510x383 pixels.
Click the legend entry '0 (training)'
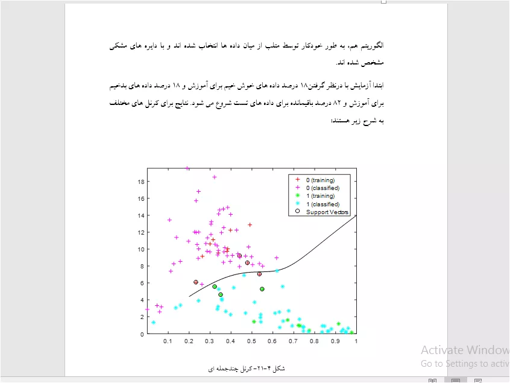pos(320,180)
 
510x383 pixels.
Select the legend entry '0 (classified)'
pos(323,188)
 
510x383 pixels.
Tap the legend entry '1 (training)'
pos(320,196)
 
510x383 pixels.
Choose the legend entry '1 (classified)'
pos(323,204)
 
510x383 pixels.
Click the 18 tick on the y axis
pos(141,182)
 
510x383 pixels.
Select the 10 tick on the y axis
pos(141,249)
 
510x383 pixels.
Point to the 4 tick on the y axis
pos(142,300)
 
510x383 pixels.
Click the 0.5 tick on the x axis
pos(251,341)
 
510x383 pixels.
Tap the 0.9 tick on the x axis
pos(335,341)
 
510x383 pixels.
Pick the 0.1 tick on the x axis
pos(168,341)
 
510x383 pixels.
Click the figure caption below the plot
pos(247,369)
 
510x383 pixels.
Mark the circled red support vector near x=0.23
pos(196,282)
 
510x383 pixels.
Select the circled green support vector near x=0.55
pos(262,289)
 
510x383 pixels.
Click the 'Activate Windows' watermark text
pos(465,350)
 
